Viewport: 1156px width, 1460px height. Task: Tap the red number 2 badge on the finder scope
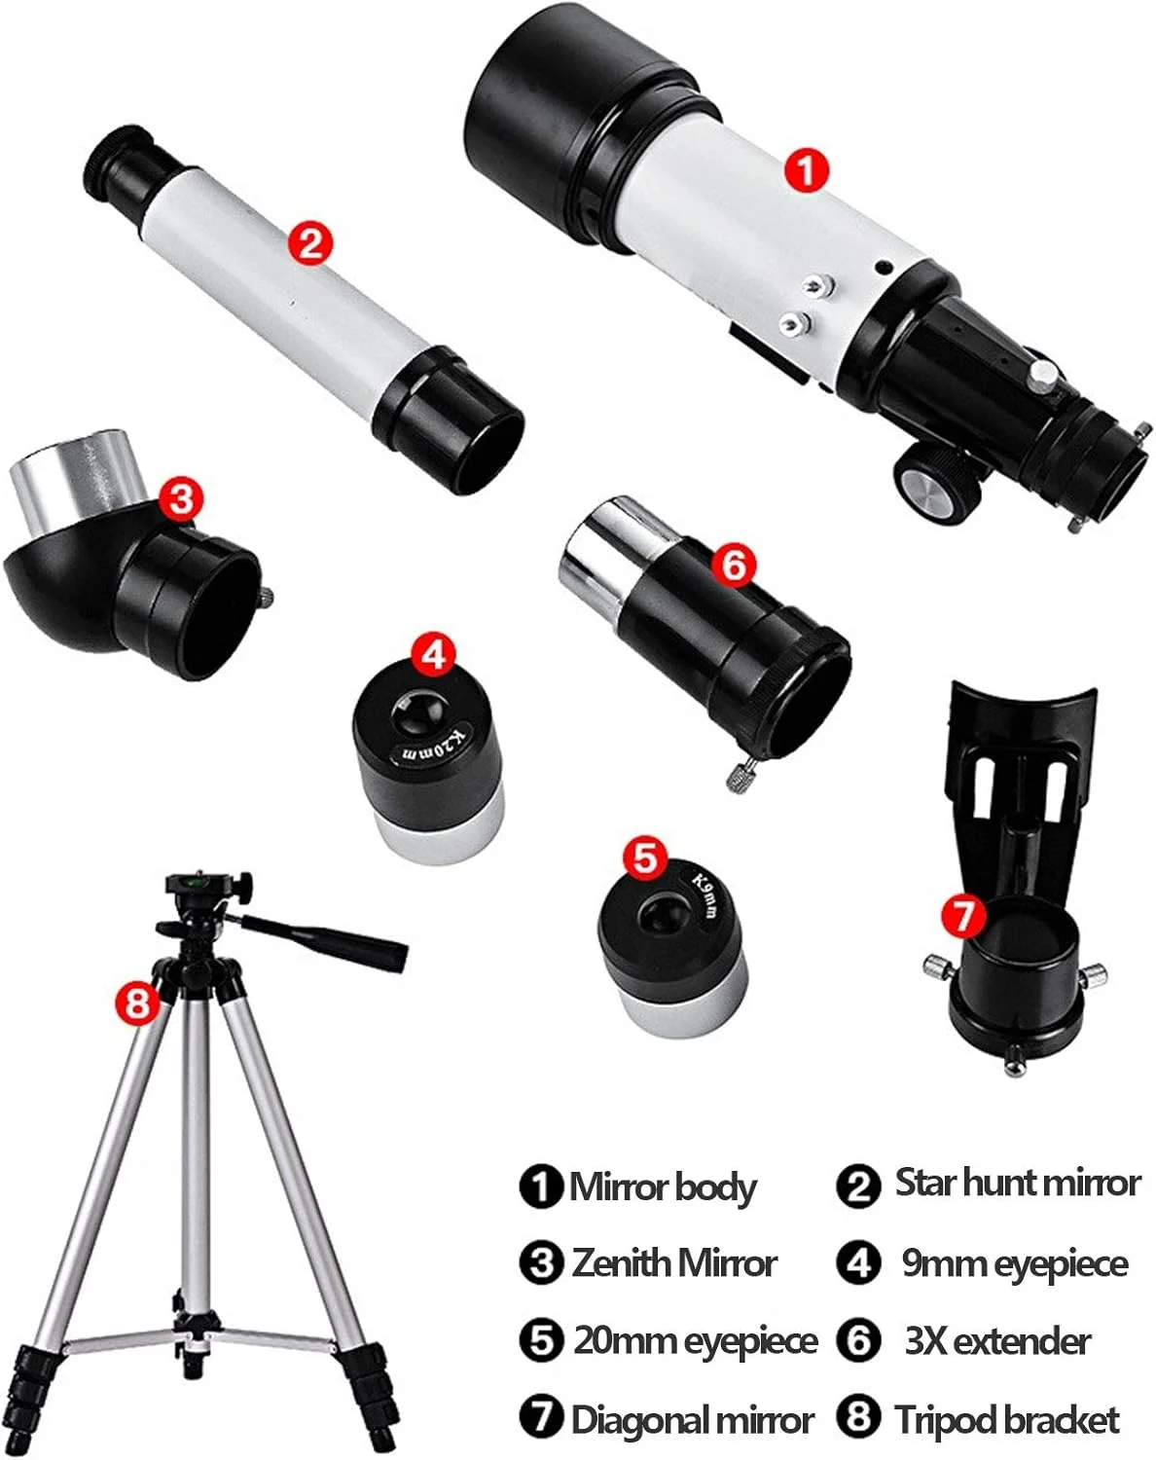(310, 242)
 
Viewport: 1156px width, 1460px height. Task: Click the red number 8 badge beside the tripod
(137, 1002)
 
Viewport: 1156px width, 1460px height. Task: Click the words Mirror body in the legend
(663, 1186)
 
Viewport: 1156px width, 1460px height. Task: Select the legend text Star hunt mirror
(1018, 1183)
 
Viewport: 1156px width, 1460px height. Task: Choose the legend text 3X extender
(997, 1341)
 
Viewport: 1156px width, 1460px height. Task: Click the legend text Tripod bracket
(1007, 1418)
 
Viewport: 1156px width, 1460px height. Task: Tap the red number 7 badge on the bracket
(963, 915)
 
